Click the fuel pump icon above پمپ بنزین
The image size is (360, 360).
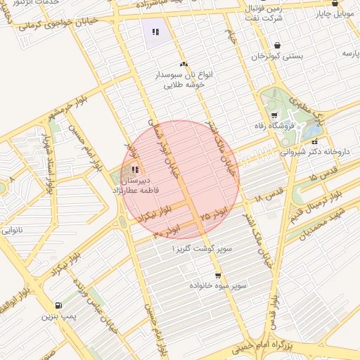pos(57,306)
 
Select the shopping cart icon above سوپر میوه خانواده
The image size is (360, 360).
pos(218,275)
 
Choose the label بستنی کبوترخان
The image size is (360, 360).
pos(278,56)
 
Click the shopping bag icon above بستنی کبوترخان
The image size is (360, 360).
pos(277,45)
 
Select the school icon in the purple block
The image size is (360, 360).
pos(155,31)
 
